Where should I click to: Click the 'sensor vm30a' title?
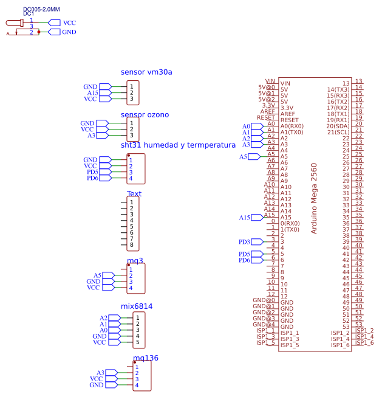[146, 72]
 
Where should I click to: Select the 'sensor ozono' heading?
[145, 115]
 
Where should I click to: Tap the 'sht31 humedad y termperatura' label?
[178, 145]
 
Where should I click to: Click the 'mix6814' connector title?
[137, 306]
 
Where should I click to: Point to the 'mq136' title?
[146, 358]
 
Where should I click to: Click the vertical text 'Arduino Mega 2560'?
[314, 198]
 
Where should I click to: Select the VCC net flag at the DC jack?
[69, 22]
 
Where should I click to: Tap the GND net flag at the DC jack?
[69, 32]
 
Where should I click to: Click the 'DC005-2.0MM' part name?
[41, 10]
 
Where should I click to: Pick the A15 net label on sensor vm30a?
[92, 93]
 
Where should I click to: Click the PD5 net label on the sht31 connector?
[92, 172]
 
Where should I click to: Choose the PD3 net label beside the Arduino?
[244, 242]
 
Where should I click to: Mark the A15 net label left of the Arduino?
[244, 218]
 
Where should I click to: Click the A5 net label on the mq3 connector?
[97, 276]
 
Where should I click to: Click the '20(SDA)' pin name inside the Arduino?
[338, 126]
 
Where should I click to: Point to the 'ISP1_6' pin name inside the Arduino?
[340, 345]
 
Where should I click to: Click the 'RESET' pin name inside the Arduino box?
[290, 120]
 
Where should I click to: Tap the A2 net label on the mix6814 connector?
[103, 318]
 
